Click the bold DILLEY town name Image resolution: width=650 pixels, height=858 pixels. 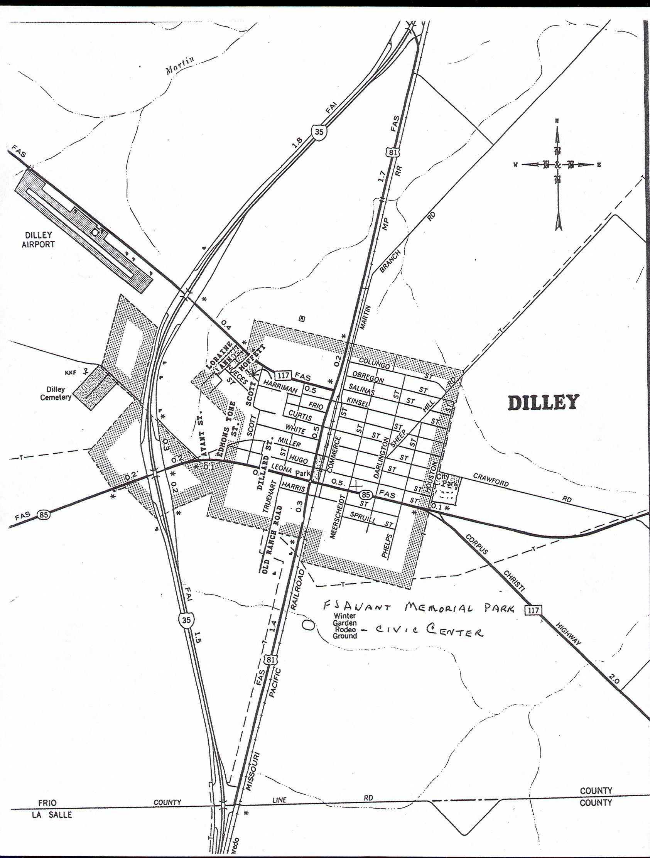(x=544, y=403)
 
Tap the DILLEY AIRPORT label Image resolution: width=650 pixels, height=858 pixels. (x=38, y=240)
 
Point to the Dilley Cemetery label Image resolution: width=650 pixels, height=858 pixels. (x=56, y=393)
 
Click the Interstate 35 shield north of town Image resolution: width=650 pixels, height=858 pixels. (x=319, y=132)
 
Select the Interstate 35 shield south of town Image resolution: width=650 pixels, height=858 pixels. (x=186, y=620)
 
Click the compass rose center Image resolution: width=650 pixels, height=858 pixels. (x=557, y=165)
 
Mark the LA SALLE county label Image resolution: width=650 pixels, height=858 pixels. (x=52, y=814)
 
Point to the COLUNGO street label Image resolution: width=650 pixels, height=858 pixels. (x=374, y=363)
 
